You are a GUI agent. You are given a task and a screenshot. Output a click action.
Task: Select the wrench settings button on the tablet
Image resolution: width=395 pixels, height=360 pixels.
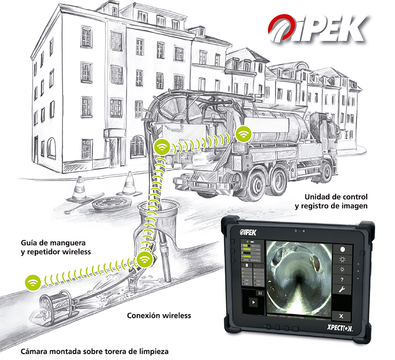[x=342, y=289]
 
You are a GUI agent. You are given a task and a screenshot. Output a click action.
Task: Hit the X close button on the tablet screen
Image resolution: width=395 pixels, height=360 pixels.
[x=342, y=317]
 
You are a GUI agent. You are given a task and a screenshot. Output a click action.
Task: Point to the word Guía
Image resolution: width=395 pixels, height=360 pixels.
[x=29, y=241]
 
